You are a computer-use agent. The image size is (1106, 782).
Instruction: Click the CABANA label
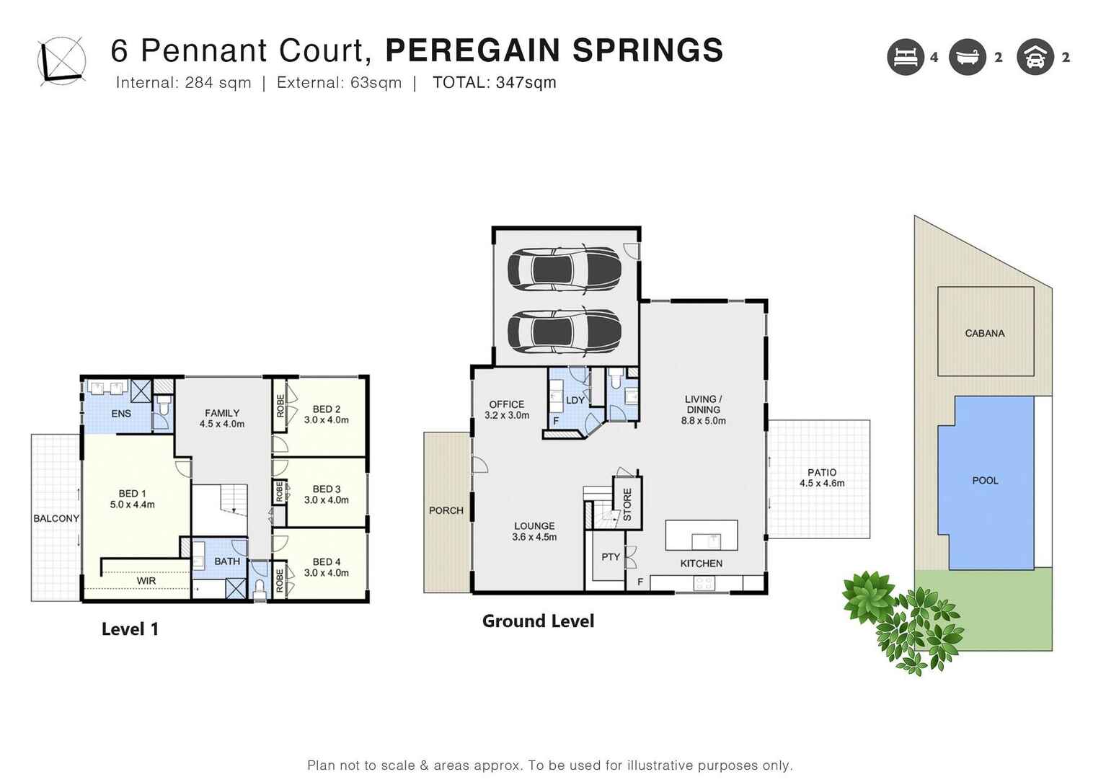(984, 333)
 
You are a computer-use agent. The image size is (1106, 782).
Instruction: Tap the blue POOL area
(985, 481)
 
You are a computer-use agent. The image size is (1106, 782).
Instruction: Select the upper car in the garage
(564, 269)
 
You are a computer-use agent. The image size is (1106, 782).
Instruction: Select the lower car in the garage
(564, 332)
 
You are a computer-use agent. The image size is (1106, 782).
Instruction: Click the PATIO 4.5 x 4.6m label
(821, 478)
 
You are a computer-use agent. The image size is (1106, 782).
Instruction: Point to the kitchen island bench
(701, 536)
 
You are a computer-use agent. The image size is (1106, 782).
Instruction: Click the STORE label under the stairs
(627, 504)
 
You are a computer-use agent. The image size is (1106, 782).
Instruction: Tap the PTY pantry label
(610, 557)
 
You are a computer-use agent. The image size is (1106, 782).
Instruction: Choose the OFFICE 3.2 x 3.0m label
(506, 409)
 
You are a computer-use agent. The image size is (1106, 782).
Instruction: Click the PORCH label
(446, 510)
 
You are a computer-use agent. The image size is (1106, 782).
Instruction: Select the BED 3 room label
(326, 494)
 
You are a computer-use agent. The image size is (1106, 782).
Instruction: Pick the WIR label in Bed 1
(146, 581)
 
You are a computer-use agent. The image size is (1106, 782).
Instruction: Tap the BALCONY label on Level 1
(56, 518)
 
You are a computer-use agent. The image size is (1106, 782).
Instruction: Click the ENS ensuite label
(120, 414)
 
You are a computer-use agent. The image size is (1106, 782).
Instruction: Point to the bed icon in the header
(906, 57)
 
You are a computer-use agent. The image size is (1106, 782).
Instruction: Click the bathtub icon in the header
(967, 57)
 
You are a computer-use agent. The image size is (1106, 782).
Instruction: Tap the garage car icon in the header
(1035, 57)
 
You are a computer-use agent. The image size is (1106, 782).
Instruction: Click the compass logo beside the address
(61, 61)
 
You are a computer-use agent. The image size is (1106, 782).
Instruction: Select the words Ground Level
(538, 621)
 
